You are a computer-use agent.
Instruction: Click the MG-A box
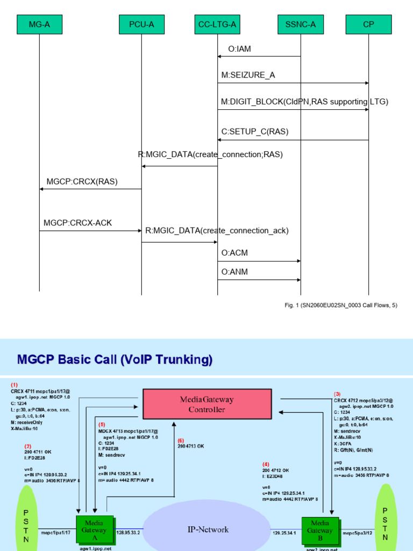39,24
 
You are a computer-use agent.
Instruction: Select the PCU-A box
141,24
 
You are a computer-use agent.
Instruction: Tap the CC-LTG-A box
218,24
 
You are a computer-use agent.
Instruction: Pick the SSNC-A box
300,24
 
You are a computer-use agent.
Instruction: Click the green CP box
368,24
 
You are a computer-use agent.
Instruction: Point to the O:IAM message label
239,49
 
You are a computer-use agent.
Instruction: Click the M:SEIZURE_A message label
248,75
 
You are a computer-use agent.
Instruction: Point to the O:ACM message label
235,252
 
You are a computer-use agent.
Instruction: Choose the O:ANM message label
235,272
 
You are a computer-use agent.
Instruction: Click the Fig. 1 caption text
341,305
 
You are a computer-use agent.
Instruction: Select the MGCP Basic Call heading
115,359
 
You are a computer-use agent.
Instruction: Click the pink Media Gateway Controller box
207,404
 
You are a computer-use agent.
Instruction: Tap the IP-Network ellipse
208,529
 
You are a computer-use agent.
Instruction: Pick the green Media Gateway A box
95,531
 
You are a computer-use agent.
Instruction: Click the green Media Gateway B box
320,531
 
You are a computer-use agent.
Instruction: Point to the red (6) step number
181,440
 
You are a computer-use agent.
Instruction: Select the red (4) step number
266,464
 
